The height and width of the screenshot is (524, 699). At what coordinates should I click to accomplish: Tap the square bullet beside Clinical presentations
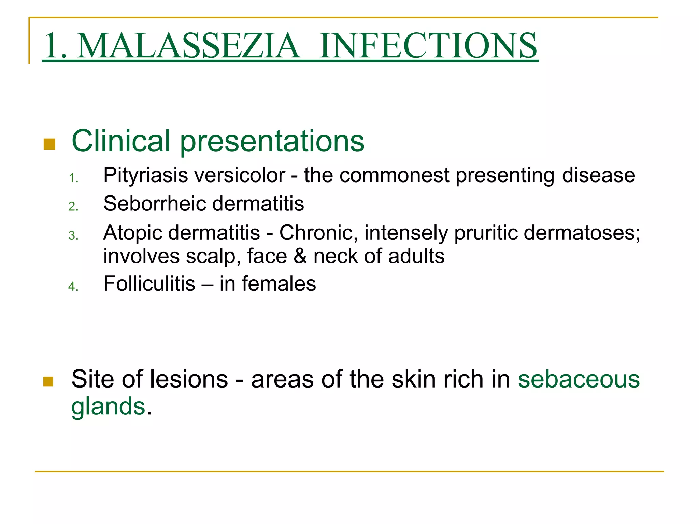pyautogui.click(x=49, y=144)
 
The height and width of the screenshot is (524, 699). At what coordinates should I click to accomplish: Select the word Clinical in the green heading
pyautogui.click(x=121, y=141)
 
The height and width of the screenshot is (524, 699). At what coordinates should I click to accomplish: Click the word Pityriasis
pyautogui.click(x=146, y=176)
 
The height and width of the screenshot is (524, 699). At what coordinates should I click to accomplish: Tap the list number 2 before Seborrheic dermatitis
pyautogui.click(x=73, y=207)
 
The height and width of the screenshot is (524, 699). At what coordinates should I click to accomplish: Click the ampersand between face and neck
pyautogui.click(x=300, y=257)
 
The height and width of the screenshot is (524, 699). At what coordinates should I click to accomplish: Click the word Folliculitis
pyautogui.click(x=149, y=284)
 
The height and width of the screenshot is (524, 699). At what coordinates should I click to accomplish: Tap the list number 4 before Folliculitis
pyautogui.click(x=73, y=287)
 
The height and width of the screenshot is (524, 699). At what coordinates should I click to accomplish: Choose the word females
pyautogui.click(x=279, y=284)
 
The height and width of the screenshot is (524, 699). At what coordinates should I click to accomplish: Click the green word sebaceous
pyautogui.click(x=579, y=379)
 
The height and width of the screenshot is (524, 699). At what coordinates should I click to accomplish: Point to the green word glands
pyautogui.click(x=108, y=407)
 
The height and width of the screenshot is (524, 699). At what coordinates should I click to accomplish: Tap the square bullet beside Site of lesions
pyautogui.click(x=48, y=381)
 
